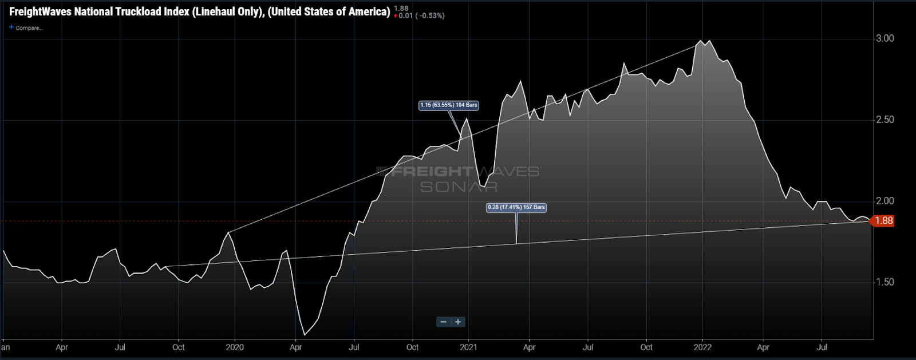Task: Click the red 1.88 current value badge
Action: click(x=883, y=221)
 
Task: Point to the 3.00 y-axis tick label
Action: click(x=885, y=38)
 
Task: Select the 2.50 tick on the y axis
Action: click(x=885, y=120)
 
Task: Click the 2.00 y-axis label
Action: click(x=885, y=201)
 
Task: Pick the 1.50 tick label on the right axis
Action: click(x=885, y=282)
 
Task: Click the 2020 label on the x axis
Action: click(x=235, y=347)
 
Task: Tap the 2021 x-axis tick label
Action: click(x=468, y=347)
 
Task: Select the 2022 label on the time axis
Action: click(x=702, y=347)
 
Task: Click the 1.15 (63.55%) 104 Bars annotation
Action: click(x=448, y=105)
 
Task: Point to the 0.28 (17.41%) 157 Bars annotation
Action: click(x=516, y=207)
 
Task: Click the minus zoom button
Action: click(x=444, y=322)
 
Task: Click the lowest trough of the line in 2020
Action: click(x=304, y=335)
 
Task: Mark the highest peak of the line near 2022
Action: click(x=700, y=41)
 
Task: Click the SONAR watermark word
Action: click(x=459, y=187)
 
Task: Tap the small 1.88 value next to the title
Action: click(x=401, y=8)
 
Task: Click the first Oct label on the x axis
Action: click(x=179, y=347)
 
